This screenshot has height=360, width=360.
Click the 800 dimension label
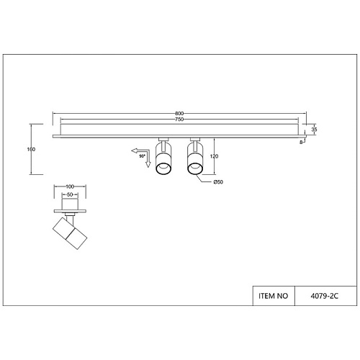(179, 114)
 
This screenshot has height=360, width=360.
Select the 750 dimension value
(179, 120)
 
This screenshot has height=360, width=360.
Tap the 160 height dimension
(32, 149)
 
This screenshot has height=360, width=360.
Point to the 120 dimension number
(214, 156)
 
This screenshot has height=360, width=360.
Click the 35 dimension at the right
(314, 130)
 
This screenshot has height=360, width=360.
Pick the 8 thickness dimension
(301, 142)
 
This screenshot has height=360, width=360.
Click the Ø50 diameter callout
(218, 182)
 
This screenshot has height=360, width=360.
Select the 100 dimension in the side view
(70, 186)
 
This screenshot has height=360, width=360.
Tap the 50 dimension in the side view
(70, 194)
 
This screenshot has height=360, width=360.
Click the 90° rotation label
(142, 156)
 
